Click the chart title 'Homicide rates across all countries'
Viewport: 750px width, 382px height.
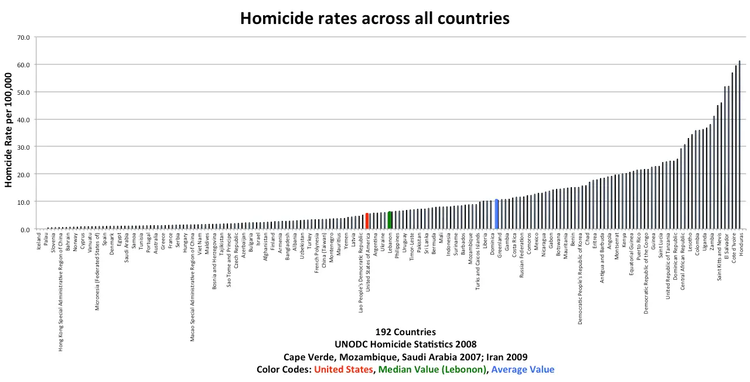point(375,18)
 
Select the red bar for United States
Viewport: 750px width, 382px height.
point(367,221)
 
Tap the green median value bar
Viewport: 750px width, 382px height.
point(390,220)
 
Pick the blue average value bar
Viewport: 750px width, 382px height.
point(496,214)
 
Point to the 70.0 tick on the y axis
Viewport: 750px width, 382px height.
point(23,37)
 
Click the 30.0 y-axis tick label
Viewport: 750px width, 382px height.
point(23,147)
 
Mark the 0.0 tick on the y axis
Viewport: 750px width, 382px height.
point(25,229)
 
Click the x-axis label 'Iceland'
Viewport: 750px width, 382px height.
point(39,243)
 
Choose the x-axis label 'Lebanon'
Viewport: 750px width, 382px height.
point(390,245)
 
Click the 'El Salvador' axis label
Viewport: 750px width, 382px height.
point(727,248)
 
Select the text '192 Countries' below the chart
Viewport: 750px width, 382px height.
point(405,332)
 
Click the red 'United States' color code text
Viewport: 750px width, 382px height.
point(343,370)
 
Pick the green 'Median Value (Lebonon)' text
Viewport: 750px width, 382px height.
point(432,370)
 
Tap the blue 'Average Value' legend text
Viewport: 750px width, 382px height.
point(523,370)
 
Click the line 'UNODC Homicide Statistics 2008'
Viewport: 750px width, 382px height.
point(405,345)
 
